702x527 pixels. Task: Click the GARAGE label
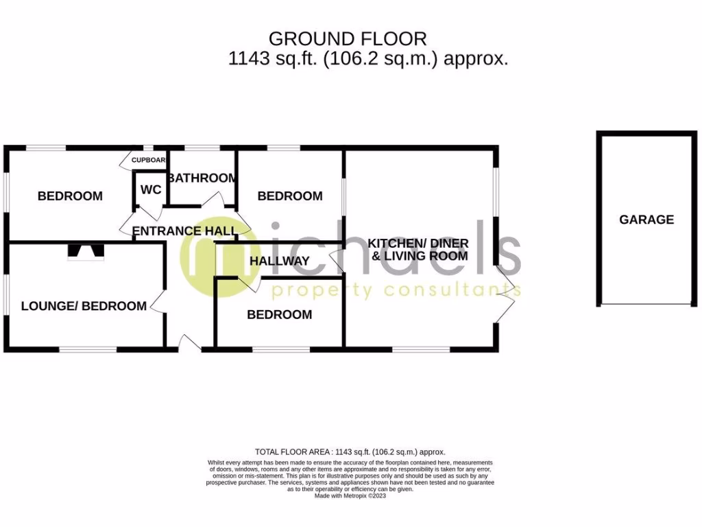[646, 220]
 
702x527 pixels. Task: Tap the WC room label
[150, 189]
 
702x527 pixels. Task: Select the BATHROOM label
[202, 178]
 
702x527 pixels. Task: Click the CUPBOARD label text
[149, 160]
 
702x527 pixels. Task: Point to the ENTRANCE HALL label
[184, 231]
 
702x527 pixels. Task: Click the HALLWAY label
[279, 261]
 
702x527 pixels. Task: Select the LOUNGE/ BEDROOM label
[84, 306]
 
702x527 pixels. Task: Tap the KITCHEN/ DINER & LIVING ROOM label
[418, 250]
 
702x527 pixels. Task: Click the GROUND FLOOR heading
[347, 38]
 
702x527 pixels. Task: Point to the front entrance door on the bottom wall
[189, 342]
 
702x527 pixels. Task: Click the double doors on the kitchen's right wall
[506, 294]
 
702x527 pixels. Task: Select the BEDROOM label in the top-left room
[70, 196]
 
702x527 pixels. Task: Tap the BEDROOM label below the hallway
[279, 315]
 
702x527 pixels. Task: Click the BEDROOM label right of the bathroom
[289, 196]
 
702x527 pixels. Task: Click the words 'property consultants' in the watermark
[396, 291]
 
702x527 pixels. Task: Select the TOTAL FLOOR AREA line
[350, 452]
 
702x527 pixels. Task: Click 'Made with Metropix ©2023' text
[350, 495]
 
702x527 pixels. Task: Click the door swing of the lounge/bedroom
[157, 303]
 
